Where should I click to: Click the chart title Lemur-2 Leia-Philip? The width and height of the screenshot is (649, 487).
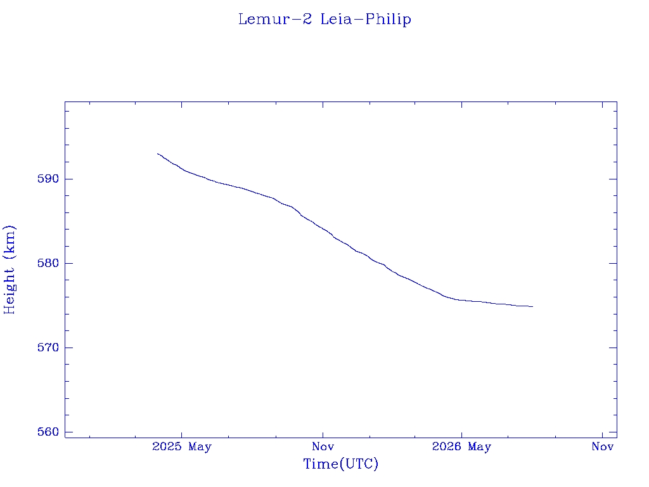click(324, 20)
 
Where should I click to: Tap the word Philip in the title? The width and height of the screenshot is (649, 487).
click(389, 20)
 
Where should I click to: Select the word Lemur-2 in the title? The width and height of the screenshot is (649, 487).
click(275, 19)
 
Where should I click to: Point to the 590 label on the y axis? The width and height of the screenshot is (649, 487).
click(48, 179)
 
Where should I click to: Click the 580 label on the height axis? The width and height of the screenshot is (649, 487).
click(48, 263)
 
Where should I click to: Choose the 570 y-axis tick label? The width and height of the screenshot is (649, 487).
click(48, 347)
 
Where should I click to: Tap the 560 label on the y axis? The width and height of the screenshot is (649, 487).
click(48, 432)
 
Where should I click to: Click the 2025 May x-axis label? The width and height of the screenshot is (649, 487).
click(182, 447)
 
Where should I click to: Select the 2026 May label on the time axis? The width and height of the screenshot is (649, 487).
click(461, 447)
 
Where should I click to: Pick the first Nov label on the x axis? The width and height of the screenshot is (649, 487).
click(323, 447)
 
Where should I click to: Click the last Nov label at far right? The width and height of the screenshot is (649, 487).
click(603, 447)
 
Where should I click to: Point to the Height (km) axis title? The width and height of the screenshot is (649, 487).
click(9, 270)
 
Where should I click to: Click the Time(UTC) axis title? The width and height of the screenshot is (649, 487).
click(340, 464)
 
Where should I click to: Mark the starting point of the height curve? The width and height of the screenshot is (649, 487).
click(158, 153)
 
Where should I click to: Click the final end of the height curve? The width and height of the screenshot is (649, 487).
click(532, 306)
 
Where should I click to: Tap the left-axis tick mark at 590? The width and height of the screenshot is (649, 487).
click(68, 179)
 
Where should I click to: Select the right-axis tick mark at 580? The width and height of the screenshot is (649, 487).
click(613, 263)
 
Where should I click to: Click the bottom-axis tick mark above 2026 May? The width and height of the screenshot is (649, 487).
click(461, 434)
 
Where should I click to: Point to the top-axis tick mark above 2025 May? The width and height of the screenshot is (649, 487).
click(182, 105)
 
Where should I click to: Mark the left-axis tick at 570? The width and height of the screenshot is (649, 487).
click(68, 347)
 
